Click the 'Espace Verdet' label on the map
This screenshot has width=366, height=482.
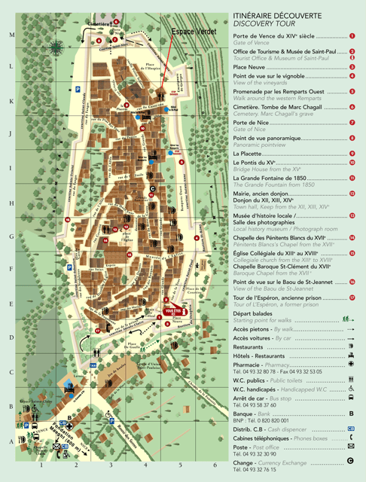(194, 32)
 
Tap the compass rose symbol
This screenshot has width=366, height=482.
(55, 47)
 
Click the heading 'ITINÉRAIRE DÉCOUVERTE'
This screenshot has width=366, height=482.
(276, 15)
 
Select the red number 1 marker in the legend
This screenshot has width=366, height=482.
(352, 36)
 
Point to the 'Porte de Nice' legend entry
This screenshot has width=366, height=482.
(251, 122)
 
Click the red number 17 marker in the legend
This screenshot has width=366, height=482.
(352, 297)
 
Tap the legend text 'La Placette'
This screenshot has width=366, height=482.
(252, 154)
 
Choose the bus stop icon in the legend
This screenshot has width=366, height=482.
(351, 397)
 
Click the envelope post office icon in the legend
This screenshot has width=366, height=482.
(351, 446)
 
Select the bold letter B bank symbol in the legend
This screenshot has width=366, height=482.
(352, 414)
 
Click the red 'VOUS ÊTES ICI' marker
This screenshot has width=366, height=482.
(173, 310)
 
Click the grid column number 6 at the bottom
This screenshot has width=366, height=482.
(214, 465)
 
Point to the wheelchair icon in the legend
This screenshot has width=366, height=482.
(351, 389)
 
